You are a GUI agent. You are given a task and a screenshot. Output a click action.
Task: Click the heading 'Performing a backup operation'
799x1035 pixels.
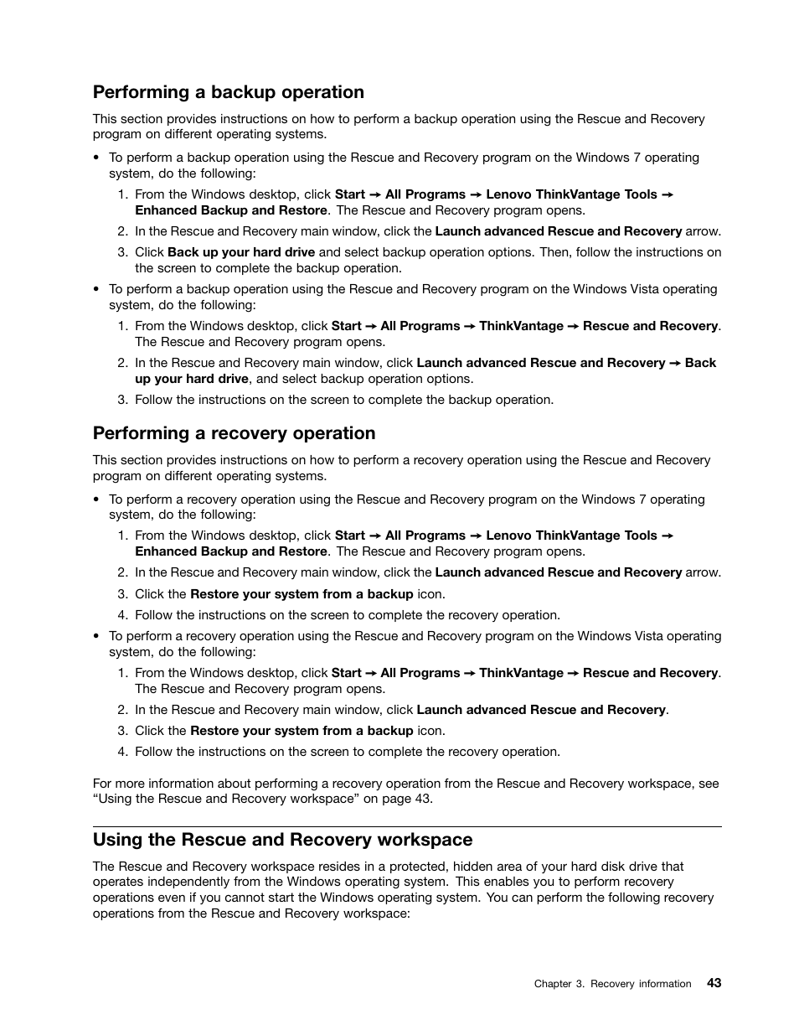tap(228, 92)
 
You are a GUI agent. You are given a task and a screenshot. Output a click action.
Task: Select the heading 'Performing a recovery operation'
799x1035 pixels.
tap(234, 433)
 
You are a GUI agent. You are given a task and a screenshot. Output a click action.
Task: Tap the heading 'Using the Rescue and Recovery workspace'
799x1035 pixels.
tap(282, 840)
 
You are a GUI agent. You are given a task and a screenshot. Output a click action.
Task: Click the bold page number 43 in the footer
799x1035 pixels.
tap(714, 983)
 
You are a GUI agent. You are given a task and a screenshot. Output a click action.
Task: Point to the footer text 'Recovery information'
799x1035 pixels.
tap(641, 984)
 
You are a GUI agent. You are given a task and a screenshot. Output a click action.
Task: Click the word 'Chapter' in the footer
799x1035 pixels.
tap(552, 984)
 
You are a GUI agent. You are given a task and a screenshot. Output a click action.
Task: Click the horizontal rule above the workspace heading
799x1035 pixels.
tap(407, 827)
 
